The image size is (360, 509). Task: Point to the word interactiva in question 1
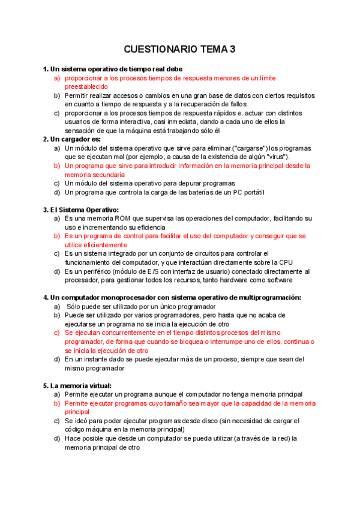point(136,122)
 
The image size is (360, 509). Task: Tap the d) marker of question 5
point(57,438)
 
